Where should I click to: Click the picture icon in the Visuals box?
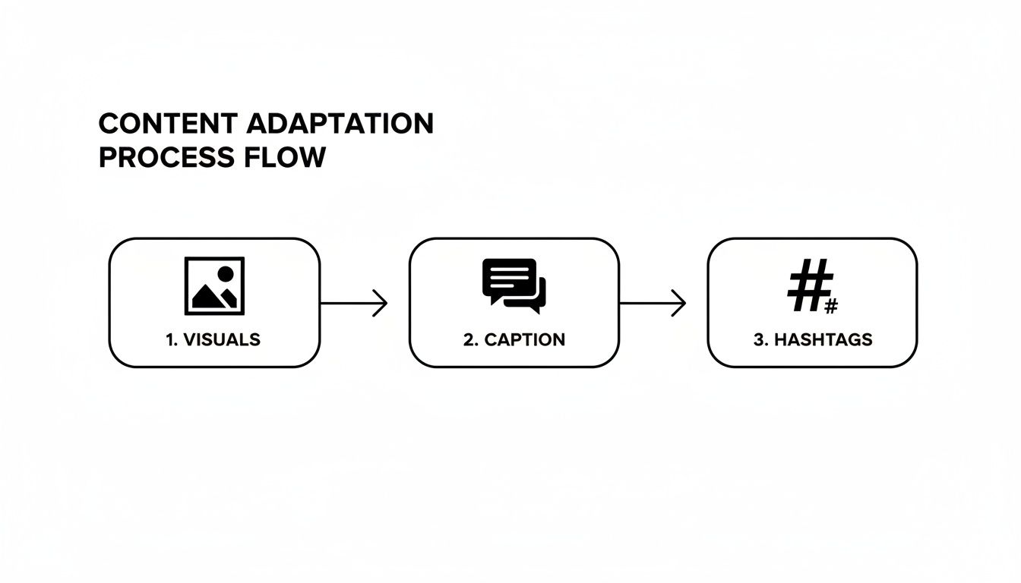pyautogui.click(x=214, y=285)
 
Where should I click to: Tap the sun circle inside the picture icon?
pyautogui.click(x=225, y=274)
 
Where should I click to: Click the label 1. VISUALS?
pyautogui.click(x=213, y=339)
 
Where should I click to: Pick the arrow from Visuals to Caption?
pyautogui.click(x=353, y=304)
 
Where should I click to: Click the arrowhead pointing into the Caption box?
pyautogui.click(x=382, y=304)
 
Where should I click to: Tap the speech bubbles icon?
pyautogui.click(x=514, y=286)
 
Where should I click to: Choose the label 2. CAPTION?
pyautogui.click(x=514, y=339)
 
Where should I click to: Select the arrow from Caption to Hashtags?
pyautogui.click(x=653, y=304)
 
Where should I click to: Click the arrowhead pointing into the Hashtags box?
pyautogui.click(x=681, y=304)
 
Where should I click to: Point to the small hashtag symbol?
pyautogui.click(x=830, y=307)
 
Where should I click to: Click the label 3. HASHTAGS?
pyautogui.click(x=813, y=339)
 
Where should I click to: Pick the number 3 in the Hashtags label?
pyautogui.click(x=758, y=339)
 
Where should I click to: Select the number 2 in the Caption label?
pyautogui.click(x=468, y=339)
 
